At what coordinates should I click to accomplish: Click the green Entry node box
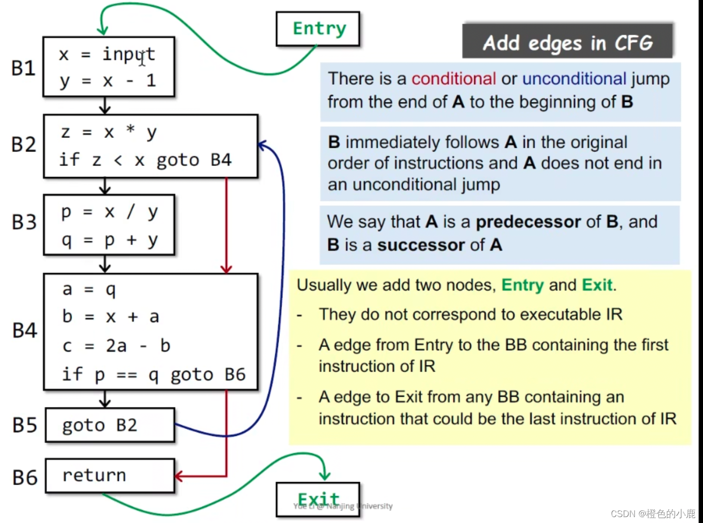click(318, 29)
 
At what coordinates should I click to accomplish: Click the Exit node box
click(318, 499)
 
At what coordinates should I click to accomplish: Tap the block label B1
click(23, 68)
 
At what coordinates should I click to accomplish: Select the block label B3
click(24, 222)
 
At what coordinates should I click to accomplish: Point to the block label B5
click(25, 425)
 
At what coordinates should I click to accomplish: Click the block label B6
click(25, 477)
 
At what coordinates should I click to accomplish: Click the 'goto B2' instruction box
click(110, 425)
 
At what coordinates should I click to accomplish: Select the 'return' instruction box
click(110, 476)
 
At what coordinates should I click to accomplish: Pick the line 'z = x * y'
click(109, 132)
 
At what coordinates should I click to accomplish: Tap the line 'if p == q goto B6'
click(153, 375)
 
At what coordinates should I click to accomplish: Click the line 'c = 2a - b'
click(116, 346)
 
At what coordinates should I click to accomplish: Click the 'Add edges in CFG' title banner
click(567, 42)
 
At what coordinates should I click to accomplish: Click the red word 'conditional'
click(454, 79)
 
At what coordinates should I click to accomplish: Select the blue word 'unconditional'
click(574, 79)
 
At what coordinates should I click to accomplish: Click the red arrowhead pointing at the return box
click(178, 476)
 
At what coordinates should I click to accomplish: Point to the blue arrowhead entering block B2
click(262, 145)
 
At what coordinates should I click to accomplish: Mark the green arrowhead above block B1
click(103, 31)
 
